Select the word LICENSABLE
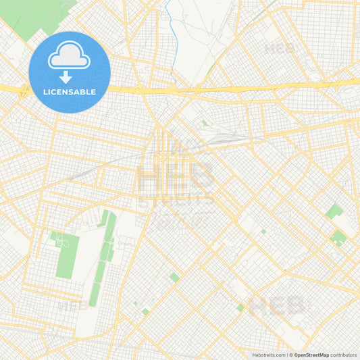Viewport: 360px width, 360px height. point(70,92)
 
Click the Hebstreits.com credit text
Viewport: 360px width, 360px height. point(268,354)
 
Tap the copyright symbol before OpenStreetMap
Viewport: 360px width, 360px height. point(291,354)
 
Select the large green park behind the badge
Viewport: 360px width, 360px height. point(41,17)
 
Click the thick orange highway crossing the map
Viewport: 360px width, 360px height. point(223,88)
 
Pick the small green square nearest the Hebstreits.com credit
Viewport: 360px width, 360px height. point(240,308)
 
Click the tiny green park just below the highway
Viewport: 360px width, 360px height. point(203,123)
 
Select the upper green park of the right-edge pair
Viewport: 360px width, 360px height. point(333,212)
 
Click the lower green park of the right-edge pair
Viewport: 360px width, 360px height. point(338,236)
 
